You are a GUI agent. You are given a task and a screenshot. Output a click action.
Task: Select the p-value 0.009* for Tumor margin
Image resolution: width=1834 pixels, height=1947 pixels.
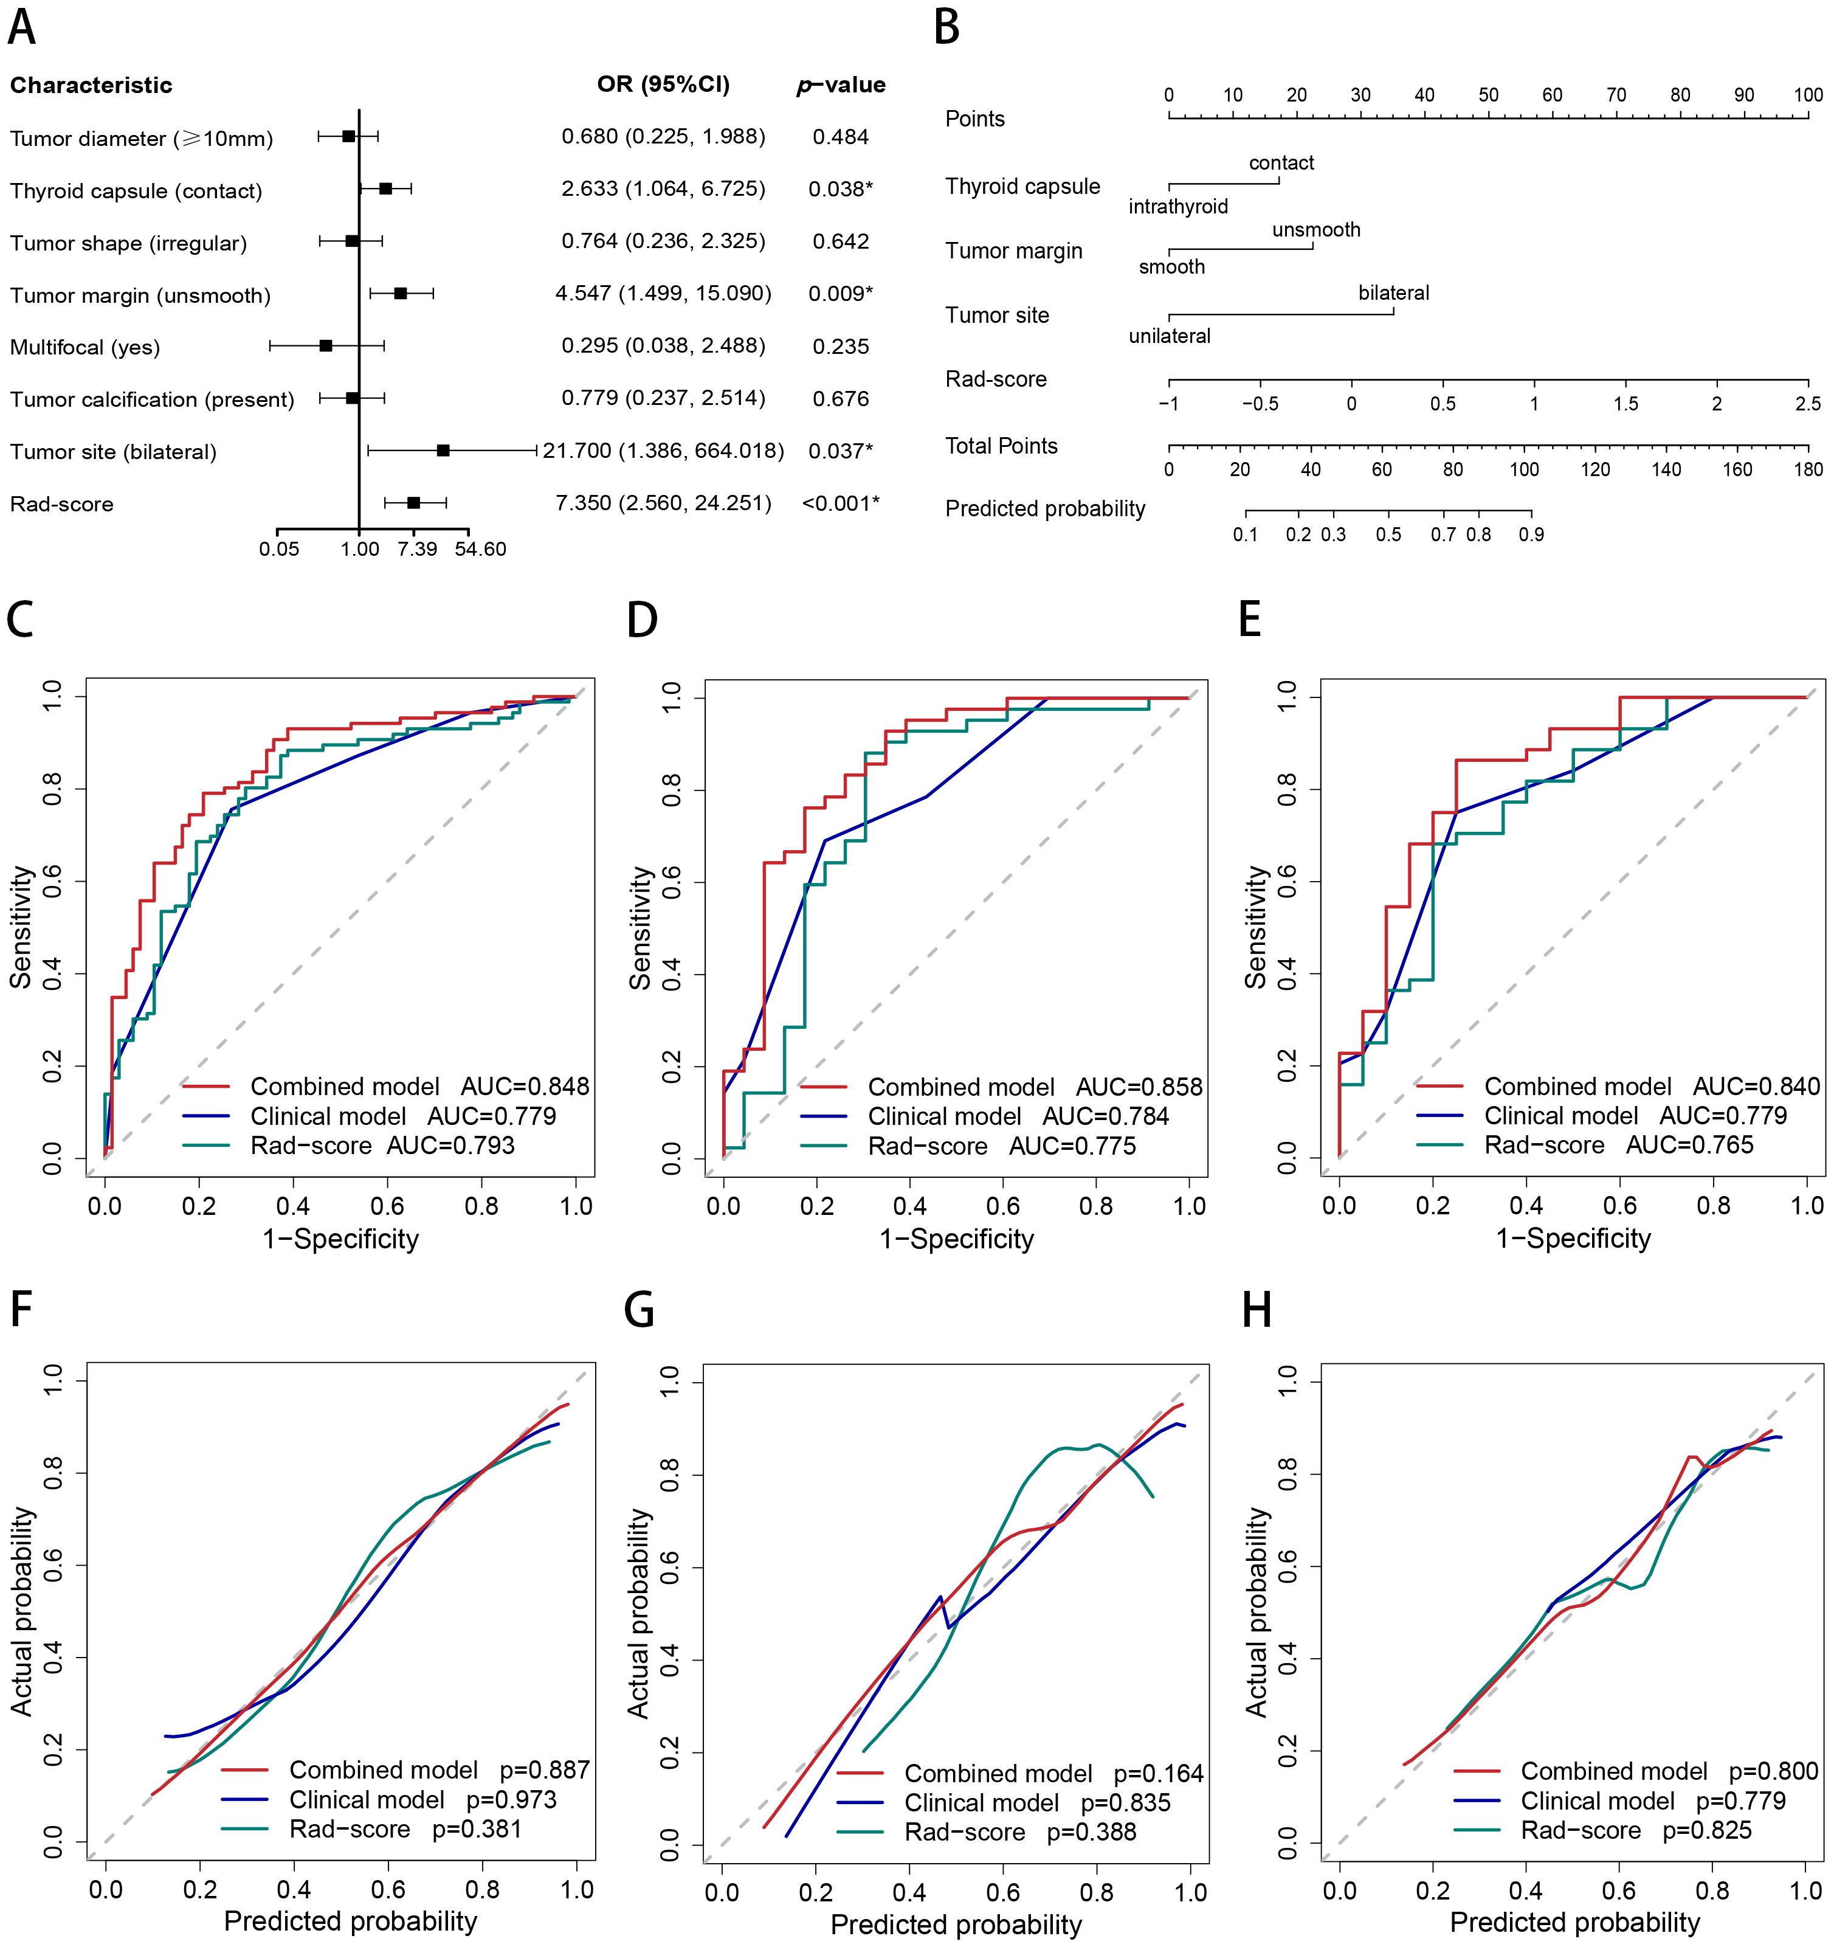(840, 294)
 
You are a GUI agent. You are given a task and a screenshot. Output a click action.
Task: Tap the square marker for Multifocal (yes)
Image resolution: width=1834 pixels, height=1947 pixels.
(326, 346)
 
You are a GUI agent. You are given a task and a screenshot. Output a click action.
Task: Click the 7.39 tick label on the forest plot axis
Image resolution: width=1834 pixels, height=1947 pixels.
(417, 548)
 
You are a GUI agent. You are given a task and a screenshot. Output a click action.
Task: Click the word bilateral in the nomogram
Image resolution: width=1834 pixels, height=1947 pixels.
(1393, 293)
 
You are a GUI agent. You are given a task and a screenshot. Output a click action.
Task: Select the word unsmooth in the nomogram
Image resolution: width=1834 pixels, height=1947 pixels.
(1316, 230)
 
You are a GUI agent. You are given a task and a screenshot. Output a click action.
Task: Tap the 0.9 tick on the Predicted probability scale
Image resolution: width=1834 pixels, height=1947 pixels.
(1531, 534)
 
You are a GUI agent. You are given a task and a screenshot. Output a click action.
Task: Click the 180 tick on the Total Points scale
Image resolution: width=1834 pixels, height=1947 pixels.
(1808, 469)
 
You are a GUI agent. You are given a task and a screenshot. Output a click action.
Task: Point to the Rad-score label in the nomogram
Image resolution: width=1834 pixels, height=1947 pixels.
(995, 379)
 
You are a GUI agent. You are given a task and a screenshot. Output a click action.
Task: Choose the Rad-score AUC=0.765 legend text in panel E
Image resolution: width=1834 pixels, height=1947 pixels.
(1619, 1145)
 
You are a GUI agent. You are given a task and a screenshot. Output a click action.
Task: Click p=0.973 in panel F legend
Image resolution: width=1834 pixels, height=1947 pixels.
(511, 1800)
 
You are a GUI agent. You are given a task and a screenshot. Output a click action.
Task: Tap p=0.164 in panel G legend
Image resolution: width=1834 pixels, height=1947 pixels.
(1159, 1774)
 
